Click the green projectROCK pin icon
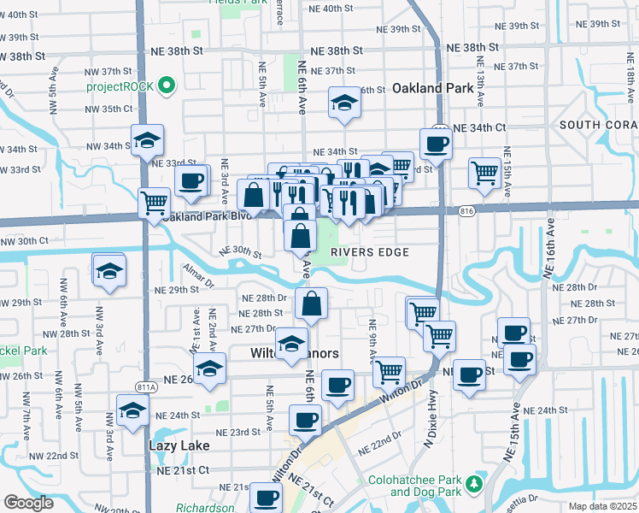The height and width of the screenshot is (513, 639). click(x=167, y=86)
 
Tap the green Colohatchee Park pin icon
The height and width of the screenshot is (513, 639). click(x=474, y=486)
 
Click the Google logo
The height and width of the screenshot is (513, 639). click(x=29, y=503)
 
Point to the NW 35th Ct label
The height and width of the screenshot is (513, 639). click(x=111, y=109)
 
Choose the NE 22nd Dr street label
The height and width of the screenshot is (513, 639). click(x=380, y=449)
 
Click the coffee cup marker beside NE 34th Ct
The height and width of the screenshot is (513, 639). click(x=436, y=143)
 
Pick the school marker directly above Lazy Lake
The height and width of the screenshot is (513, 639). click(x=132, y=411)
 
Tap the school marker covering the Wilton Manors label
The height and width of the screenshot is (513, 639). click(x=291, y=343)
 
